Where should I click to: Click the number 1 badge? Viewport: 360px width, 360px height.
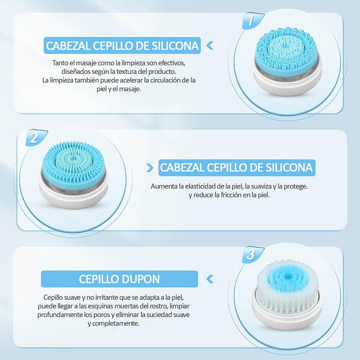[250, 21]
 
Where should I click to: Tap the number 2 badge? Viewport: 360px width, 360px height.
[34, 138]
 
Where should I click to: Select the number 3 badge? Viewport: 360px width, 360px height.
[250, 255]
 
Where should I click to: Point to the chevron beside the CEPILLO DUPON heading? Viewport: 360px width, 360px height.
[210, 279]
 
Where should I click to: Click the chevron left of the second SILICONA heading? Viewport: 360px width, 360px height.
[150, 168]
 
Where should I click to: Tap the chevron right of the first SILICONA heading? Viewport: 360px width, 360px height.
[209, 46]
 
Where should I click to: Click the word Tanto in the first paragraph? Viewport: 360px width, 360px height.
[61, 63]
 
